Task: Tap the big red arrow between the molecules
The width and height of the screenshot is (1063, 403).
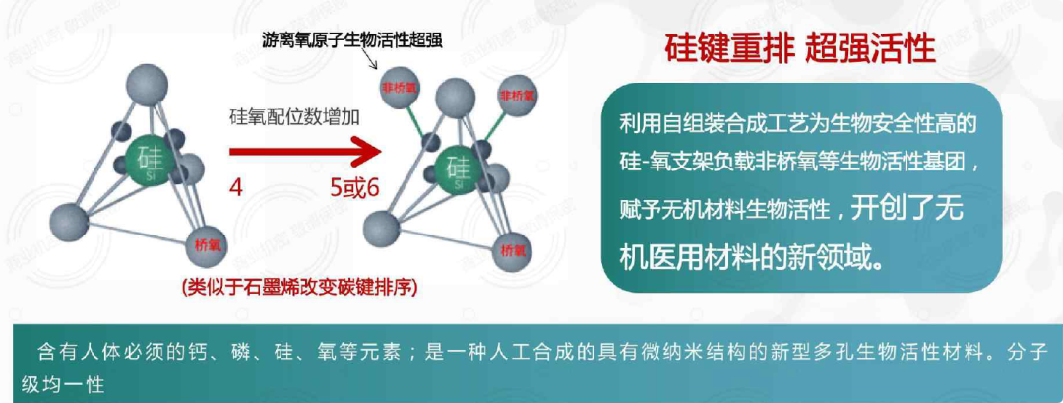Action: point(306,152)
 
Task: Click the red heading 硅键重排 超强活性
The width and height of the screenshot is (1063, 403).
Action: point(799,49)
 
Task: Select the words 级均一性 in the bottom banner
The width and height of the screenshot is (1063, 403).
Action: point(59,384)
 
